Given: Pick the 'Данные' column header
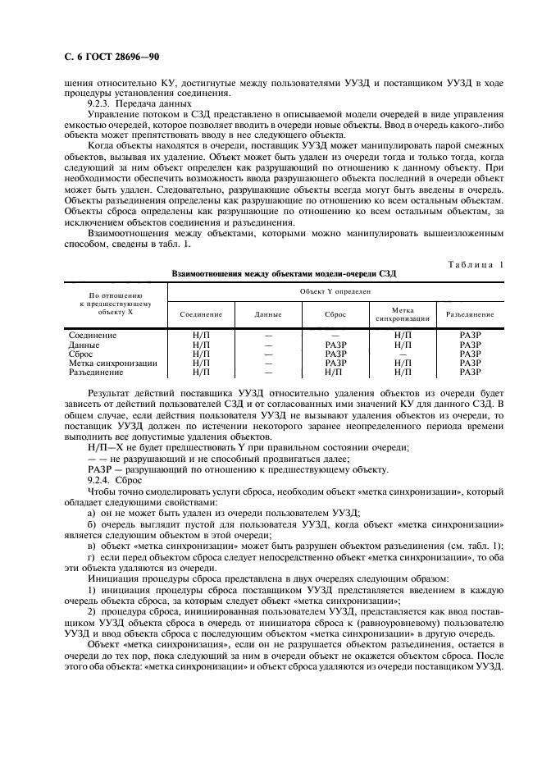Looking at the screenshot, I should [268, 314].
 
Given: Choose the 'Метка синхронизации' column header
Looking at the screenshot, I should [402, 314].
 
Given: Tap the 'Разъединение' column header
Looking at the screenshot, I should [470, 314].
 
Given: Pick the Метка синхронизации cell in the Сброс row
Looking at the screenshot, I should [402, 354].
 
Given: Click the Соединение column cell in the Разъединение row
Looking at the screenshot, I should [201, 371].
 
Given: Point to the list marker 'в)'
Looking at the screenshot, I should [92, 545].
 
